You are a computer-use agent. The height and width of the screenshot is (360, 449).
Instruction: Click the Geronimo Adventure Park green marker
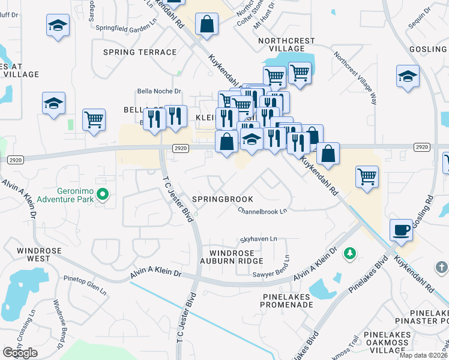tap(103, 194)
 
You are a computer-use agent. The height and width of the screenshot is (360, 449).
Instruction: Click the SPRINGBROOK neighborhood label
tap(221, 199)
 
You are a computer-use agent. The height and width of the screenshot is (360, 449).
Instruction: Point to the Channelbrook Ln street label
tap(262, 211)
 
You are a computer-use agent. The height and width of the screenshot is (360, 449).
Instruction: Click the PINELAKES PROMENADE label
tap(287, 301)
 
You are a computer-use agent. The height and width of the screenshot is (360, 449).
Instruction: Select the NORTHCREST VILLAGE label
tap(286, 44)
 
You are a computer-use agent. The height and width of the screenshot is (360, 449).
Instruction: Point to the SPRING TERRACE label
tap(140, 52)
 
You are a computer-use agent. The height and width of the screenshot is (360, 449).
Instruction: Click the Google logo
tap(20, 353)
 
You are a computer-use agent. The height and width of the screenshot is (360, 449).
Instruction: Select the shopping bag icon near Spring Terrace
tap(206, 25)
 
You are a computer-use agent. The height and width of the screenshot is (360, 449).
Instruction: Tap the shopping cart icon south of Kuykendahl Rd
tap(367, 177)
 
